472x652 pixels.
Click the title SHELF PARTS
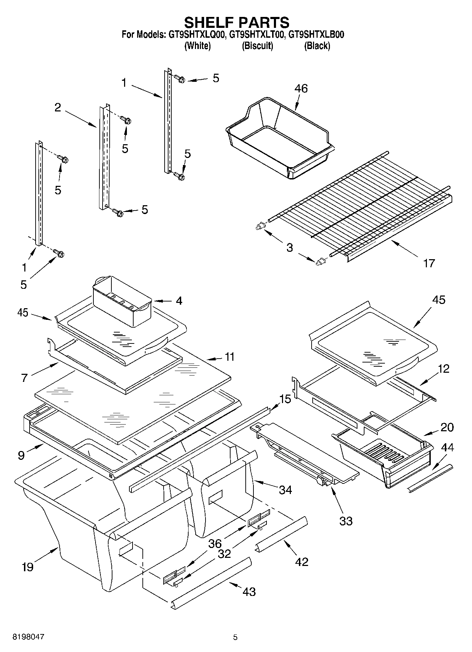coord(237,23)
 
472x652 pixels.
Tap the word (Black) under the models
coord(317,46)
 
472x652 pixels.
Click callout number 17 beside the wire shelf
coord(429,263)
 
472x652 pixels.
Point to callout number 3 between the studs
coord(289,248)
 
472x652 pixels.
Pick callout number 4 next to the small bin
coord(179,301)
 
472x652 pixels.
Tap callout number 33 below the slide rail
coord(345,521)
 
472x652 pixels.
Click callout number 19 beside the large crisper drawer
coord(27,567)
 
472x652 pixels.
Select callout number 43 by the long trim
coord(249,591)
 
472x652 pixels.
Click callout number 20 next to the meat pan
coord(447,427)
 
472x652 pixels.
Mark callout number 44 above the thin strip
coord(447,447)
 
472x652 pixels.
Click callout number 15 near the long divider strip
coord(285,399)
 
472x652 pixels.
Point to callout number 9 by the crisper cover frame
coord(21,456)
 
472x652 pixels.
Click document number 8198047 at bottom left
coord(29,637)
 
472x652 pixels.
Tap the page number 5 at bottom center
coord(235,637)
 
